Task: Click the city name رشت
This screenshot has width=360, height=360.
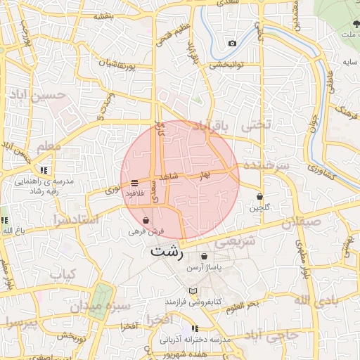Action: (x=167, y=250)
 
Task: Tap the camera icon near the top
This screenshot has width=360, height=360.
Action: (x=233, y=44)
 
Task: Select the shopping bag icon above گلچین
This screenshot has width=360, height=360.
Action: (x=260, y=197)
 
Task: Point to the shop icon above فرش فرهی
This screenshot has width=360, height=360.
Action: (x=146, y=220)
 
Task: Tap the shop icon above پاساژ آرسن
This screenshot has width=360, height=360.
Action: (x=204, y=257)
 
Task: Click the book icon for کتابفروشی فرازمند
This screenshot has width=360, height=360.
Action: (x=193, y=290)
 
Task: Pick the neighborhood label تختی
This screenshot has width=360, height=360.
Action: (x=255, y=126)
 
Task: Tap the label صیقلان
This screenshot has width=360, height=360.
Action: (x=302, y=224)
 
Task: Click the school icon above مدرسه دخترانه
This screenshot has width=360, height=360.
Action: (x=195, y=328)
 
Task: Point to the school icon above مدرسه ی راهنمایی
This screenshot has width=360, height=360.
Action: (x=44, y=170)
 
